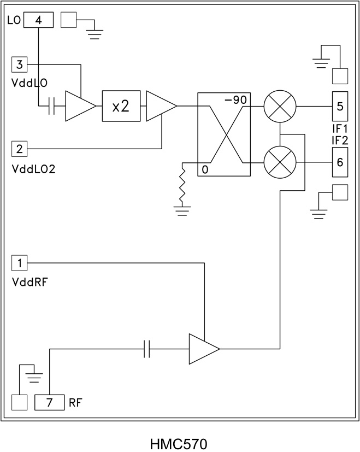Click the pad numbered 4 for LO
38,20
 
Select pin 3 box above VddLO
19,65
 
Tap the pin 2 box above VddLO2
19,148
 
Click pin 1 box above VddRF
19,263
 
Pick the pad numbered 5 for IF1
340,106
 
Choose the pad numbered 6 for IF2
340,163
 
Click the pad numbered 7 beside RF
50,403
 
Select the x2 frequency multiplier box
121,107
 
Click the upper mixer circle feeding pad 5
280,106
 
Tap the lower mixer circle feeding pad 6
280,163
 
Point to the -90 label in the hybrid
236,99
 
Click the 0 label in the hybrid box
205,169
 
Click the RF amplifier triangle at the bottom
202,348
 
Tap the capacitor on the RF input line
146,348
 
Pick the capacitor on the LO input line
52,107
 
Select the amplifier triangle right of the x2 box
159,107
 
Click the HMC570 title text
179,442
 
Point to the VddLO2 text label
34,168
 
